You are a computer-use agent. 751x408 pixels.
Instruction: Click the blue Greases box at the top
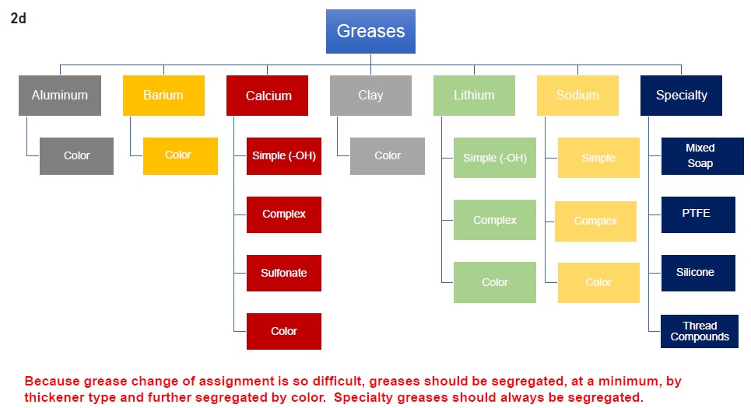point(370,32)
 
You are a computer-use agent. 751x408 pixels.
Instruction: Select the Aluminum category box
point(60,95)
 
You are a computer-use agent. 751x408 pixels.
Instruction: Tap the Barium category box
point(163,95)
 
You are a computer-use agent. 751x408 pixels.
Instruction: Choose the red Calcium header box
point(267,95)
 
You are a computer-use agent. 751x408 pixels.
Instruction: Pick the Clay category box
point(370,95)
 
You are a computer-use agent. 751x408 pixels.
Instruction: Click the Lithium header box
point(474,95)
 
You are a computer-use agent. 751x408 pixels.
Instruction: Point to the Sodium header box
point(577,95)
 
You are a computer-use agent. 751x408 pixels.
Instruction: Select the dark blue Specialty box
point(681,95)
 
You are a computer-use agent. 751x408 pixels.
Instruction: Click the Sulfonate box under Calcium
point(284,273)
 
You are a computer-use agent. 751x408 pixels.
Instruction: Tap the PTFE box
point(698,214)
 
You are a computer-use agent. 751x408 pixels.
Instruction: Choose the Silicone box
point(698,273)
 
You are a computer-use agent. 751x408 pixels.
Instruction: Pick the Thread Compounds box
point(700,331)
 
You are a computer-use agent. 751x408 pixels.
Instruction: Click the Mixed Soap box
point(703,156)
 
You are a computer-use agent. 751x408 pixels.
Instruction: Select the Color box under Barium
point(181,156)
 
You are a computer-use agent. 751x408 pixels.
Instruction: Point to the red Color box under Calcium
point(284,332)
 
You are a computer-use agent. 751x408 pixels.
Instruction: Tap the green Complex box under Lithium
point(495,220)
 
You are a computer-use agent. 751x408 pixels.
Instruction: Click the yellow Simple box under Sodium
point(598,158)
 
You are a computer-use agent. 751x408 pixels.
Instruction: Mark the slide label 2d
point(18,18)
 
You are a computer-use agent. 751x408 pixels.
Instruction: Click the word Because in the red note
point(52,382)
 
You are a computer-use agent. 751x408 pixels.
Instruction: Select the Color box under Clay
point(388,156)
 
